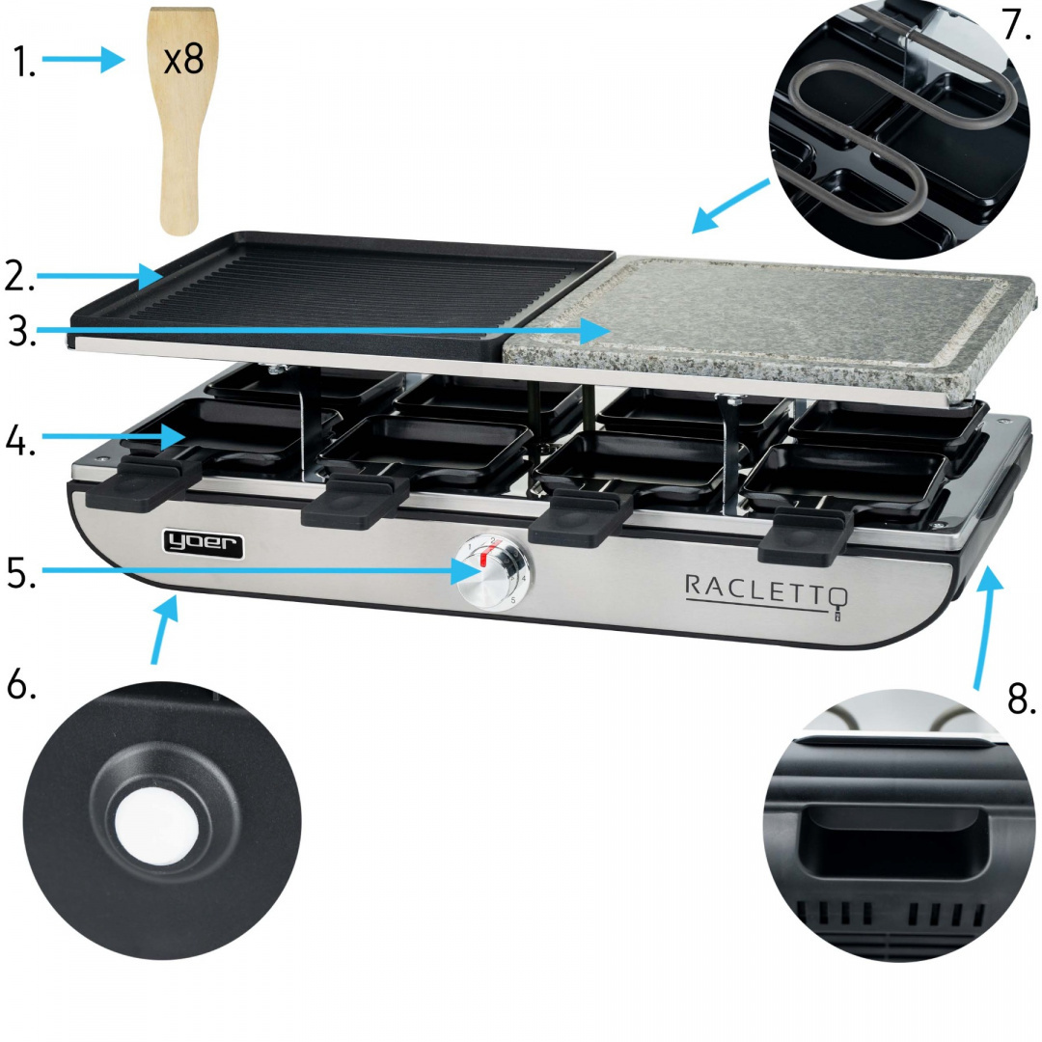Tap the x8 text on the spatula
click(183, 60)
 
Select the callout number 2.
click(19, 277)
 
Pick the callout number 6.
click(21, 684)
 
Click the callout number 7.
click(1016, 25)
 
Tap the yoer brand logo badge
click(202, 545)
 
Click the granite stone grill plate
click(772, 318)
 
